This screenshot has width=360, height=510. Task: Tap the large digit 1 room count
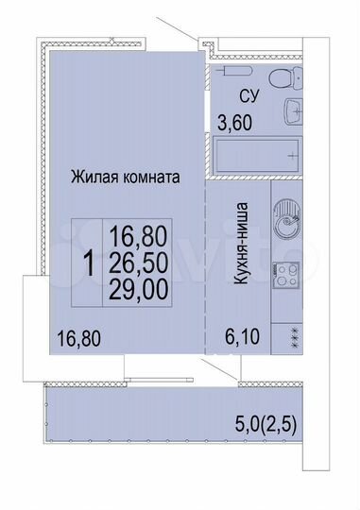[x=88, y=263]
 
